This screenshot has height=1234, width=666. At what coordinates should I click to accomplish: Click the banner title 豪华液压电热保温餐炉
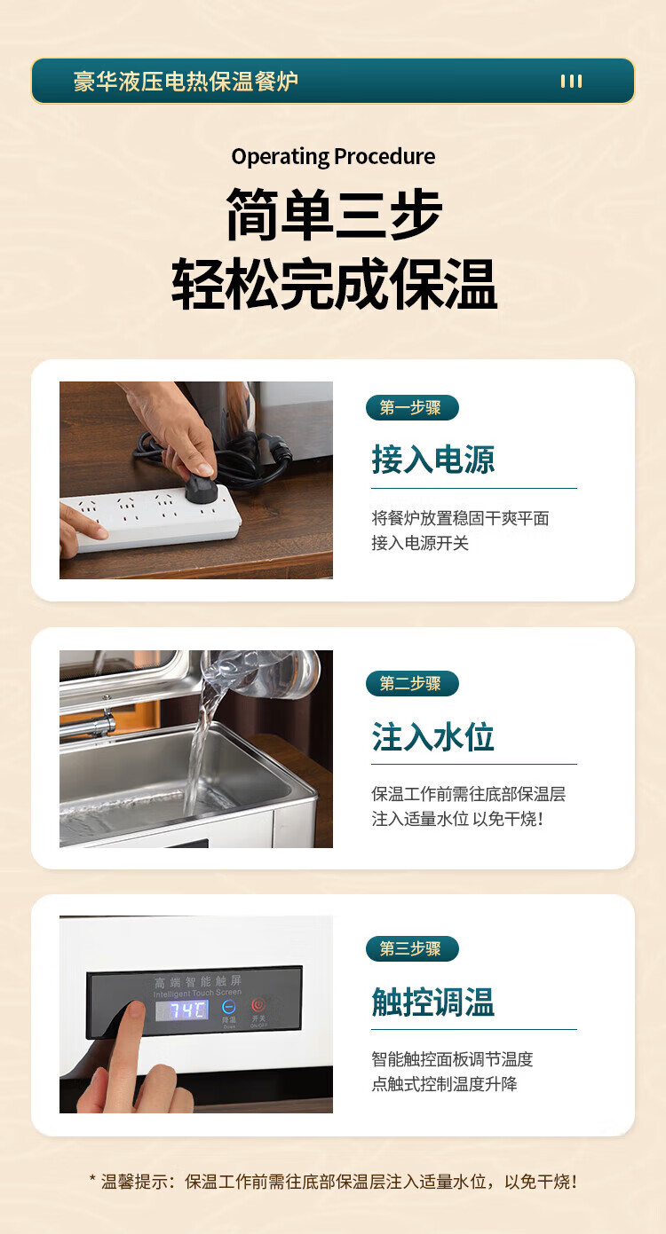click(186, 82)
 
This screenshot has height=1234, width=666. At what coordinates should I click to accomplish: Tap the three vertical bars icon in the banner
click(571, 82)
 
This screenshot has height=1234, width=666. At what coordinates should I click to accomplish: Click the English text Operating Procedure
click(333, 157)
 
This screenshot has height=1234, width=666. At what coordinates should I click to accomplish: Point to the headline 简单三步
click(334, 214)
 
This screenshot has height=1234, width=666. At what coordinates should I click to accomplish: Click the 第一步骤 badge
click(412, 408)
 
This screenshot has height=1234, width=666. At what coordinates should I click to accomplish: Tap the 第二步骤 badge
click(412, 683)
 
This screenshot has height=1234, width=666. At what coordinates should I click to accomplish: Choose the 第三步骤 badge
click(412, 948)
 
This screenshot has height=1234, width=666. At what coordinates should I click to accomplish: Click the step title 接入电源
click(432, 460)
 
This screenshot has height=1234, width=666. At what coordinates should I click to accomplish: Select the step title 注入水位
click(432, 736)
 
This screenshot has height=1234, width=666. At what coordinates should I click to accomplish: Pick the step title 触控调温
click(432, 1001)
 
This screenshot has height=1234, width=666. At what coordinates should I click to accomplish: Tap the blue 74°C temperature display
click(181, 1010)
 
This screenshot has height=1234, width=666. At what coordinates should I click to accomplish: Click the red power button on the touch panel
click(258, 1005)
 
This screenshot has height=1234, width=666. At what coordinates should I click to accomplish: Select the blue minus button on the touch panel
click(229, 1007)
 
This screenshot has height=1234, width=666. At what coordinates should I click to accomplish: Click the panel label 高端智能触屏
click(197, 982)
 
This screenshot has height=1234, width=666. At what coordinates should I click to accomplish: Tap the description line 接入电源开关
click(419, 543)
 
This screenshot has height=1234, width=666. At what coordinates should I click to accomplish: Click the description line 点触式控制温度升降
click(444, 1083)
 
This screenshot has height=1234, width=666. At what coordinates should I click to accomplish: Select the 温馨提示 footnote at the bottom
click(333, 1181)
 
